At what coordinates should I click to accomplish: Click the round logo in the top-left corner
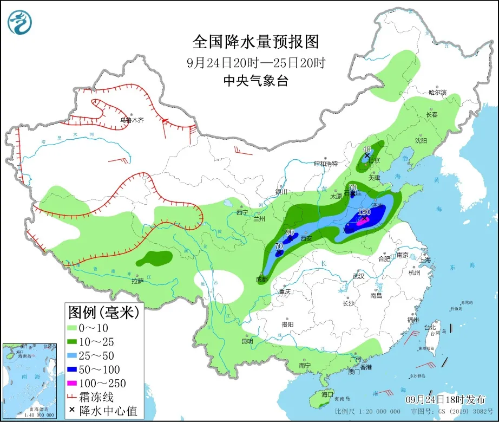[20, 22]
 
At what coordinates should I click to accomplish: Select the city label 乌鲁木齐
[132, 120]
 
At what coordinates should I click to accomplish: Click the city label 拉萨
[137, 281]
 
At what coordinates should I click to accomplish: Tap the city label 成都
[261, 280]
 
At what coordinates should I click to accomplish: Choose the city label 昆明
[247, 341]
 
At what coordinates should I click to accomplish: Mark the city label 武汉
[358, 276]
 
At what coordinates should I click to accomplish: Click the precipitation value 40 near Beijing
[366, 149]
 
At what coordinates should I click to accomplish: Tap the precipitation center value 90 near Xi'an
[290, 232]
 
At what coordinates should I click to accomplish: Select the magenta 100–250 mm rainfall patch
[362, 221]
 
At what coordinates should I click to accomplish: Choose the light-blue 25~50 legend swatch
[72, 356]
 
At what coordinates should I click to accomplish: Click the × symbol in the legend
[71, 411]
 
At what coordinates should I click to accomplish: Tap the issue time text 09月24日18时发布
[445, 400]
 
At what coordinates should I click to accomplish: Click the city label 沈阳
[421, 140]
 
